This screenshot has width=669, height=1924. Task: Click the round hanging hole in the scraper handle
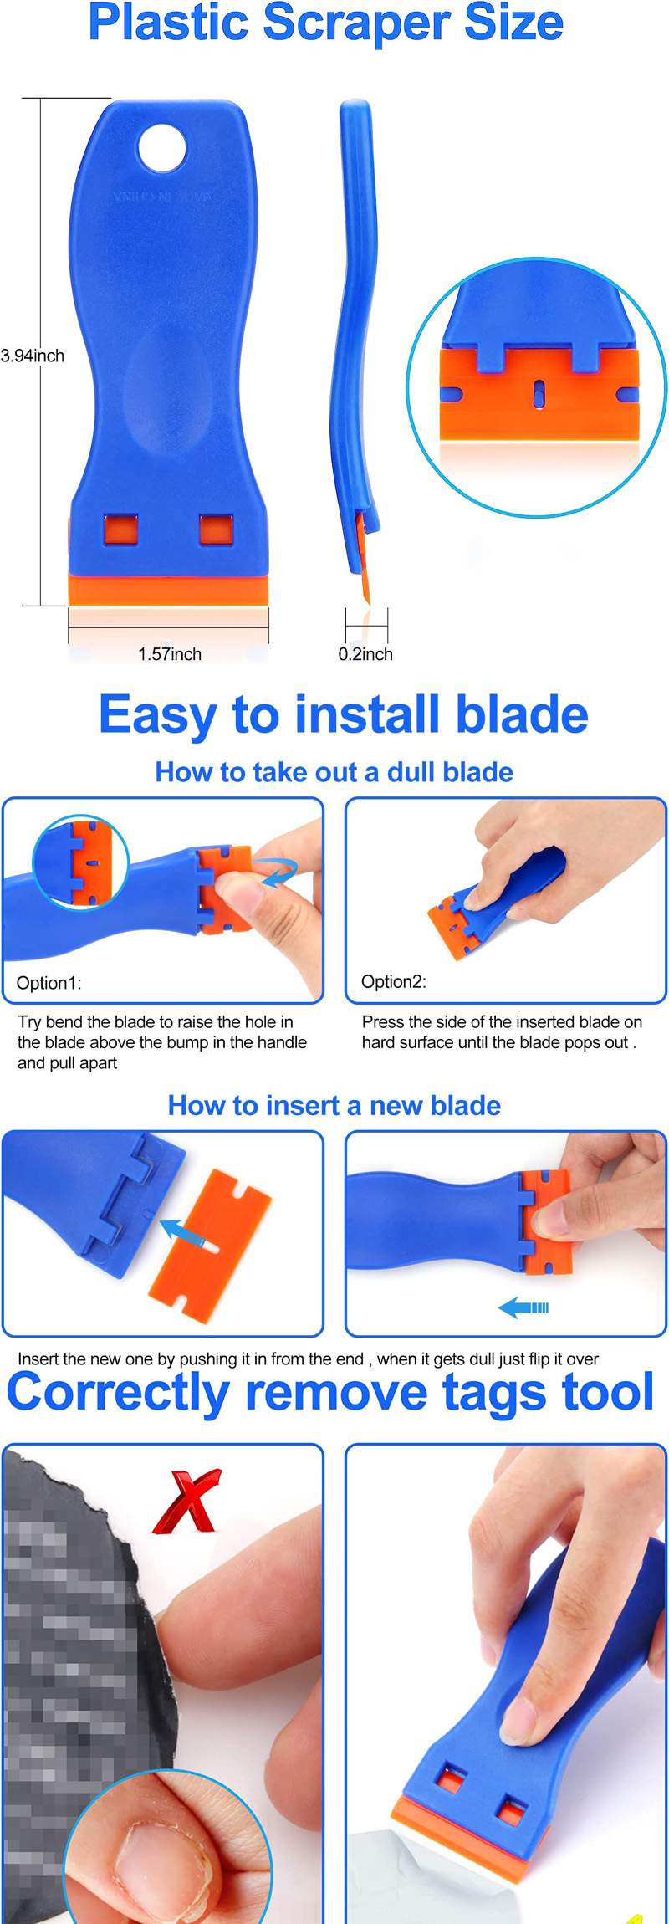coord(161,148)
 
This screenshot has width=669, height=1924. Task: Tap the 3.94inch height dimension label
coord(33,356)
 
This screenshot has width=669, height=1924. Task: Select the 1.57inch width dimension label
coord(170,654)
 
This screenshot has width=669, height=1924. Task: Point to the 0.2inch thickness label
coord(365,654)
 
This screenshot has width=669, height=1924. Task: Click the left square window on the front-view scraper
coord(120,530)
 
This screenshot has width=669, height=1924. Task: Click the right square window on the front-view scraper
coord(216,530)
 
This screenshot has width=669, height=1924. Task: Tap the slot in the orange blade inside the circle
coord(539,392)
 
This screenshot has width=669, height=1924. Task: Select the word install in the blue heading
coord(364,715)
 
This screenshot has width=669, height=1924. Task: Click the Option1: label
coord(49,983)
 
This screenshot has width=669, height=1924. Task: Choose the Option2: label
coord(394,981)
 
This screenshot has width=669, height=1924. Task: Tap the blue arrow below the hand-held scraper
coord(523,1307)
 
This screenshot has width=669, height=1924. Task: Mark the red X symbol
coord(188,1502)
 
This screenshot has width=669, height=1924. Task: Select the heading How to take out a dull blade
coord(334,772)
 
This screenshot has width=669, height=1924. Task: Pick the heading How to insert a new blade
coord(334,1106)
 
